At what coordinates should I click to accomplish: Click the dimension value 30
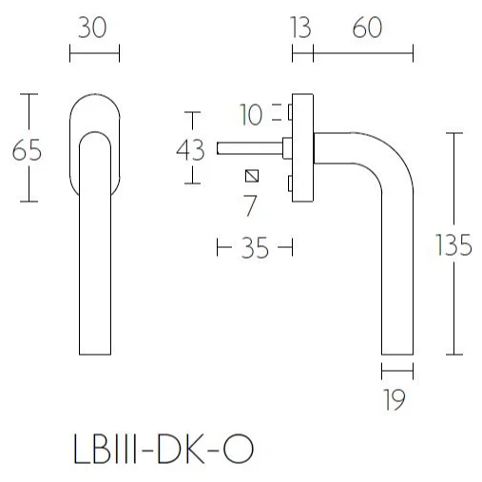pyautogui.click(x=94, y=29)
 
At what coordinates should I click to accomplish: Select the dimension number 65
pyautogui.click(x=26, y=149)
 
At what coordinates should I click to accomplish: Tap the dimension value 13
pyautogui.click(x=300, y=29)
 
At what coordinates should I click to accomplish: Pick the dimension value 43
pyautogui.click(x=191, y=149)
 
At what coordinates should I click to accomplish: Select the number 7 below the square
pyautogui.click(x=251, y=202)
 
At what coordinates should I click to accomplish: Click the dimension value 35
pyautogui.click(x=254, y=249)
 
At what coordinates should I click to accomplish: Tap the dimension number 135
pyautogui.click(x=453, y=245)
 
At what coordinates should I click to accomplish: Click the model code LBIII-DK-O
pyautogui.click(x=163, y=448)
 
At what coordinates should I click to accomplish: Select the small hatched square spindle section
pyautogui.click(x=251, y=176)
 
